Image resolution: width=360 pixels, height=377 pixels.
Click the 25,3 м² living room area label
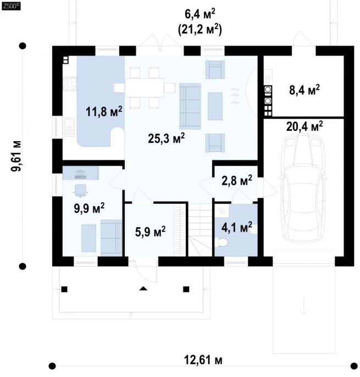click(167, 138)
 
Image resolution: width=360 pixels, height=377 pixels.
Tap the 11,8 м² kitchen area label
click(104, 112)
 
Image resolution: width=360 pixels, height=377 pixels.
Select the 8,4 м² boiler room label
click(304, 90)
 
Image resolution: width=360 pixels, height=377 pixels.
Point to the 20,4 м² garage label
click(304, 126)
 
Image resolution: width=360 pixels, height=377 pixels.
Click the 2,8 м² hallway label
click(237, 181)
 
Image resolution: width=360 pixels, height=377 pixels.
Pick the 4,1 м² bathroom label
click(237, 227)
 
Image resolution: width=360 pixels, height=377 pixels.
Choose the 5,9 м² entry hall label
click(150, 231)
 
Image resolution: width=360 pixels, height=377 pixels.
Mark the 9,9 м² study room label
click(89, 208)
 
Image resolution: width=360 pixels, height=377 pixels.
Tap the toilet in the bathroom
click(221, 242)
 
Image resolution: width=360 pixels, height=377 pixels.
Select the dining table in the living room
click(145, 88)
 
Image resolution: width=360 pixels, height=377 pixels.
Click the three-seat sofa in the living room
click(190, 106)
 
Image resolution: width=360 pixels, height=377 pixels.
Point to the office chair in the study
click(80, 189)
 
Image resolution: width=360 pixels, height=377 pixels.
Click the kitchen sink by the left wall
click(70, 127)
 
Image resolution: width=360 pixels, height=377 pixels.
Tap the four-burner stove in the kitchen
click(70, 84)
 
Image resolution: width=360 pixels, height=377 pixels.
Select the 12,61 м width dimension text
click(203, 360)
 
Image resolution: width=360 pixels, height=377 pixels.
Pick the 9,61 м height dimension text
click(16, 156)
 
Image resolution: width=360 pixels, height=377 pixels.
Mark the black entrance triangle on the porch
click(143, 289)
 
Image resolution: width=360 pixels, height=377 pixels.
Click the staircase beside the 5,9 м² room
click(200, 230)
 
